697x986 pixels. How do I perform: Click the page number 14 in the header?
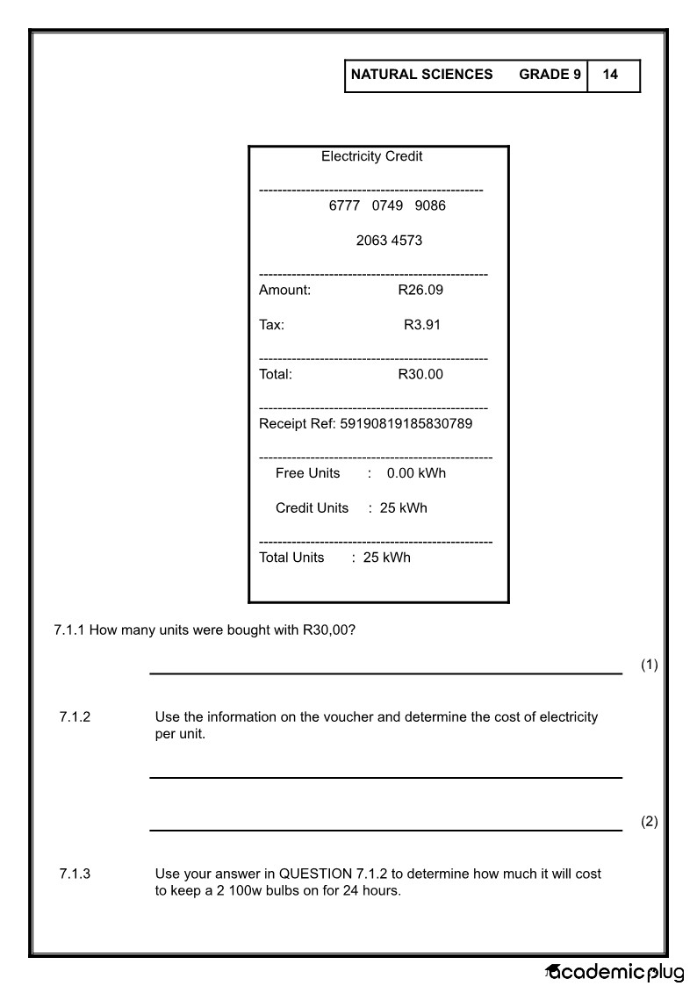click(610, 75)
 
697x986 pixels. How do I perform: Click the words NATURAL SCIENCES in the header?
click(421, 75)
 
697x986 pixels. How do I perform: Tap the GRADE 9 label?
click(550, 75)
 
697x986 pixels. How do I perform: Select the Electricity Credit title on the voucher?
click(371, 156)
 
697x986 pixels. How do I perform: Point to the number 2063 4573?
click(389, 241)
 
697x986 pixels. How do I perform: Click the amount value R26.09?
click(420, 290)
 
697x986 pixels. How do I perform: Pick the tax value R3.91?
click(422, 325)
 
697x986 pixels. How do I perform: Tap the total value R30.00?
click(420, 374)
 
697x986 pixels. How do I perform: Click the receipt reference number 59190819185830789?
click(406, 424)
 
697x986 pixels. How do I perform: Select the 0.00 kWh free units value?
click(416, 473)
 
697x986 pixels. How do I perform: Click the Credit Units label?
click(312, 508)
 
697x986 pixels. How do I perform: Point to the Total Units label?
click(291, 558)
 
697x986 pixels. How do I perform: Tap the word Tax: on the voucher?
click(271, 325)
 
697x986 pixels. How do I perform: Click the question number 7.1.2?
click(75, 717)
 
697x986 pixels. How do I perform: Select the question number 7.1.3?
click(75, 874)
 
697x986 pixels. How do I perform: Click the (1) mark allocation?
click(649, 665)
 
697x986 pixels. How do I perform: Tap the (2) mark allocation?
click(649, 822)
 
